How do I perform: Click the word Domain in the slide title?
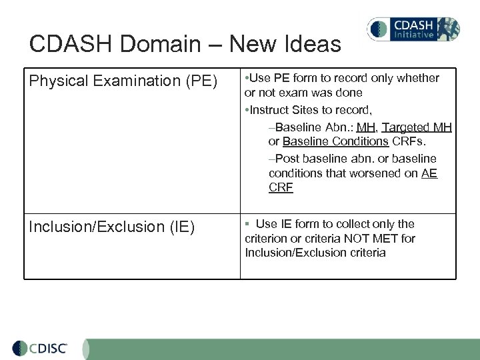coord(166,45)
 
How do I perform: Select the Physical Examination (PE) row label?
coord(123,81)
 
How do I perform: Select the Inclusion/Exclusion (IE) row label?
coord(111,227)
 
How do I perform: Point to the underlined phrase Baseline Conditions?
coord(335,141)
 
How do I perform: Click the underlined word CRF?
coord(281,188)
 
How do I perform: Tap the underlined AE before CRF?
coord(429,173)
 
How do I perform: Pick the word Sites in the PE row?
coord(307,109)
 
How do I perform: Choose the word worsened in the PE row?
coord(375,173)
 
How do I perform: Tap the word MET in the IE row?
coord(382,239)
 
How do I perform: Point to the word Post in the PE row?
coord(287,159)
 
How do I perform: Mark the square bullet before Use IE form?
coord(247,224)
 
